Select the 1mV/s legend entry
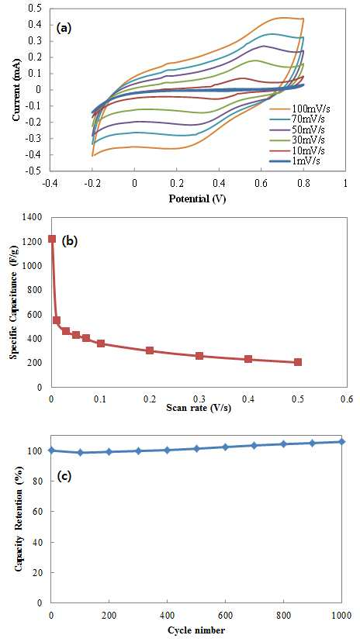pyautogui.click(x=296, y=161)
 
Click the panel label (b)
pyautogui.click(x=69, y=241)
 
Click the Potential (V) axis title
pyautogui.click(x=198, y=199)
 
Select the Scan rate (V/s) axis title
pyautogui.click(x=198, y=408)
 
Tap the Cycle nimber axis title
pyautogui.click(x=198, y=630)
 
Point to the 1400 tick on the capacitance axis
pyautogui.click(x=38, y=217)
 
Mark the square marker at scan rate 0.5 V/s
pyautogui.click(x=298, y=362)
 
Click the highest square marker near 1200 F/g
pyautogui.click(x=52, y=239)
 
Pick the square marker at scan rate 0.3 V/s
pyautogui.click(x=199, y=356)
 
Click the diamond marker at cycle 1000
pyautogui.click(x=341, y=441)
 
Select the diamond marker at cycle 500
pyautogui.click(x=196, y=448)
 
